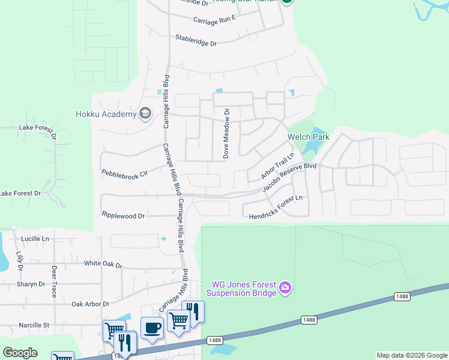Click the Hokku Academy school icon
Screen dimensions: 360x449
145,113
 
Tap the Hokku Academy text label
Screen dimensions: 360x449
106,114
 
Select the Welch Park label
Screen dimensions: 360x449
309,137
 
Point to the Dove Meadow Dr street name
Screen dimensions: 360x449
227,133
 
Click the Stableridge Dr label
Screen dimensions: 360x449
196,40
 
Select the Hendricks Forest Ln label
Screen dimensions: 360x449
275,207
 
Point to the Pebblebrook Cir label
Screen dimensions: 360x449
124,174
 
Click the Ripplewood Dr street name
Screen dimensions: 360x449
124,215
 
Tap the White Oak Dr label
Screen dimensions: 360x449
103,264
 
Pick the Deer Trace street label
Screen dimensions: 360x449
54,281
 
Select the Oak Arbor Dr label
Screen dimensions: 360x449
90,304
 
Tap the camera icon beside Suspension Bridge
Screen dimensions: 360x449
285,289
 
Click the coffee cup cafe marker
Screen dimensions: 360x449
152,328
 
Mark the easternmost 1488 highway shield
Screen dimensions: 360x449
402,296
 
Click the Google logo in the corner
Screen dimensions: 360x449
20,353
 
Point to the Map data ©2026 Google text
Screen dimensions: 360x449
411,355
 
